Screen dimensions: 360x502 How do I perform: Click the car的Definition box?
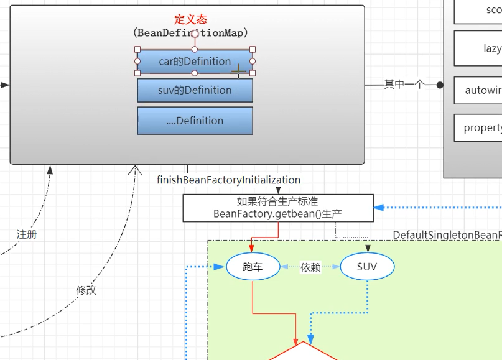(195, 62)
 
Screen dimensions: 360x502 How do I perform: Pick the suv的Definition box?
(195, 90)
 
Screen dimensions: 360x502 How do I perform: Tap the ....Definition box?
(195, 121)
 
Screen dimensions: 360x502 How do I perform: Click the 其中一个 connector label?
(403, 85)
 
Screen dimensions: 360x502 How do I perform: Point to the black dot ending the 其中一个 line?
(440, 85)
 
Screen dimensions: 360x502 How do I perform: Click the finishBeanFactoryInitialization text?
(228, 180)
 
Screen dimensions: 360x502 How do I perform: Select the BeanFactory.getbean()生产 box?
(277, 208)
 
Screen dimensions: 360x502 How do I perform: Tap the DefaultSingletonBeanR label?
(447, 234)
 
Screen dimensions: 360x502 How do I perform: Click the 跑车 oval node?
(253, 267)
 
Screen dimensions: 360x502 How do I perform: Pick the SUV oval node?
(367, 267)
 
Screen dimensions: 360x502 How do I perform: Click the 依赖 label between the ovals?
(310, 267)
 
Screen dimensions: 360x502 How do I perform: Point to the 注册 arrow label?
(27, 234)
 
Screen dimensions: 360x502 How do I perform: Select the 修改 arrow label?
(86, 290)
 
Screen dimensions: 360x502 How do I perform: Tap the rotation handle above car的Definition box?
(195, 34)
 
